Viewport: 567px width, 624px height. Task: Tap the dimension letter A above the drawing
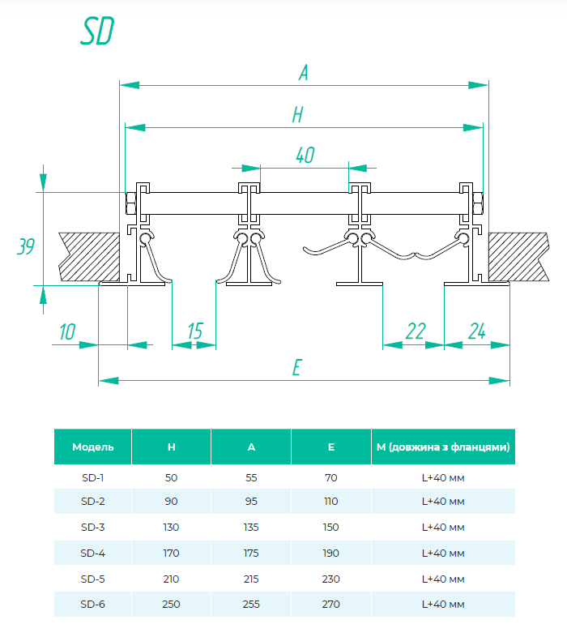coord(304,73)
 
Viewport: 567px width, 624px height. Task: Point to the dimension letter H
coord(297,116)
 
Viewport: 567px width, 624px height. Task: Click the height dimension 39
coord(26,246)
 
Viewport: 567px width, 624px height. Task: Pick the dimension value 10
coord(67,331)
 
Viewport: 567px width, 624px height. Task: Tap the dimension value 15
coord(194,331)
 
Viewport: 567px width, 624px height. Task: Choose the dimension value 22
coord(415,331)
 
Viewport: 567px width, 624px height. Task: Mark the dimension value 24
coord(476,331)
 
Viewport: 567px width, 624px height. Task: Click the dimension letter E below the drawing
coord(297,369)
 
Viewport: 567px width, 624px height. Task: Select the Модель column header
coord(93,447)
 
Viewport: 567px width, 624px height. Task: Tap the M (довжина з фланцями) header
coord(443,447)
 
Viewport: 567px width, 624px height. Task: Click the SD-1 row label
coord(93,477)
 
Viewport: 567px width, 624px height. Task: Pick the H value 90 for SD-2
coord(171,501)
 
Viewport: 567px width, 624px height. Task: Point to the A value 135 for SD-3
coord(251,527)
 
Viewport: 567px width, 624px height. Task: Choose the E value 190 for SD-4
coord(330,553)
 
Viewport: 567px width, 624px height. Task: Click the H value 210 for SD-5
coord(171,579)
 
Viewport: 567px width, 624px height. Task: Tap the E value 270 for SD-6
coord(330,604)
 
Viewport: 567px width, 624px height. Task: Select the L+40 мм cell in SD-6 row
coord(443,604)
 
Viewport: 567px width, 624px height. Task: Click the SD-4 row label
coord(93,553)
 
